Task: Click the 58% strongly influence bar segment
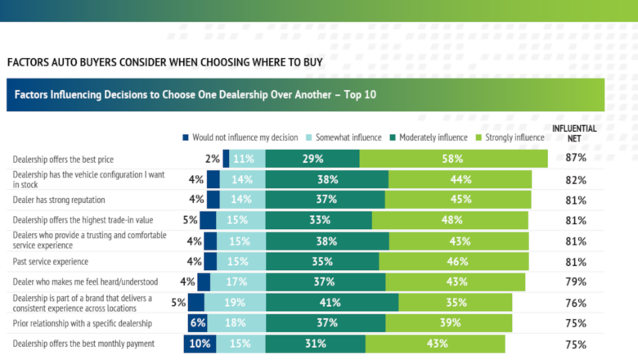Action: [x=453, y=159]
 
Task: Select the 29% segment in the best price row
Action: [x=312, y=159]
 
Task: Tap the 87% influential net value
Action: [x=576, y=158]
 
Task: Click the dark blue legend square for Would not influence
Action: [x=186, y=137]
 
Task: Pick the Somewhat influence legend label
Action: [x=348, y=137]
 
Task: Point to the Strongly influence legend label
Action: [x=514, y=137]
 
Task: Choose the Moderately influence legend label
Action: [x=434, y=137]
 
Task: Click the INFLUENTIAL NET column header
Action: [x=574, y=133]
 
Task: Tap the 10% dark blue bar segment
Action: [x=200, y=344]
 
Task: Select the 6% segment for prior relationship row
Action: [x=197, y=323]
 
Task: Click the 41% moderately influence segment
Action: [x=332, y=303]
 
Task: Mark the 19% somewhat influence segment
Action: [x=235, y=303]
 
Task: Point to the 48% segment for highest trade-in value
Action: [x=450, y=220]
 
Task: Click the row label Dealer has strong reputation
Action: [x=59, y=200]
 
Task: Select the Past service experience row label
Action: [x=51, y=262]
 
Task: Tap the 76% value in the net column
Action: [x=576, y=303]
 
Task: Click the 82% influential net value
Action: [x=576, y=180]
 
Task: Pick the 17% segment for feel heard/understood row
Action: [x=238, y=282]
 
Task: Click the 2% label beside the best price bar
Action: [x=212, y=159]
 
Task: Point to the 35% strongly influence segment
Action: [x=456, y=303]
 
